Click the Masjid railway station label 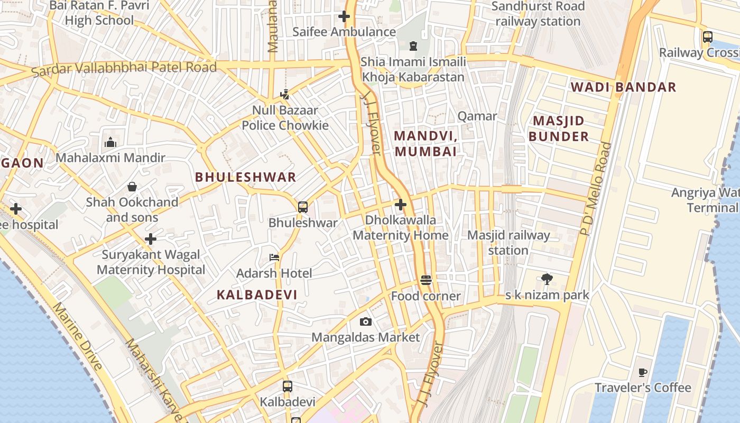click(508, 243)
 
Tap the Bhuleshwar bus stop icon click(303, 207)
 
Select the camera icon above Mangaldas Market click(365, 321)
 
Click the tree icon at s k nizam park click(547, 279)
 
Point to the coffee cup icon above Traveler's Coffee click(643, 372)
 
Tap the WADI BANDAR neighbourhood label click(623, 87)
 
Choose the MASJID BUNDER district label click(558, 128)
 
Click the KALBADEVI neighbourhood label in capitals click(257, 295)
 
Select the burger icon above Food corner click(426, 280)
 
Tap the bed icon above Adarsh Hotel click(274, 258)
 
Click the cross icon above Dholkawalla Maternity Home click(401, 204)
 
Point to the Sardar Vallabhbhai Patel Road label click(124, 68)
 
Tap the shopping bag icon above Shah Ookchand click(132, 187)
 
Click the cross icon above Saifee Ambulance click(344, 16)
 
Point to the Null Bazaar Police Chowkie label click(285, 118)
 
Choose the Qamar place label click(477, 116)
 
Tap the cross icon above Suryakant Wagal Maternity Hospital click(151, 239)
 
